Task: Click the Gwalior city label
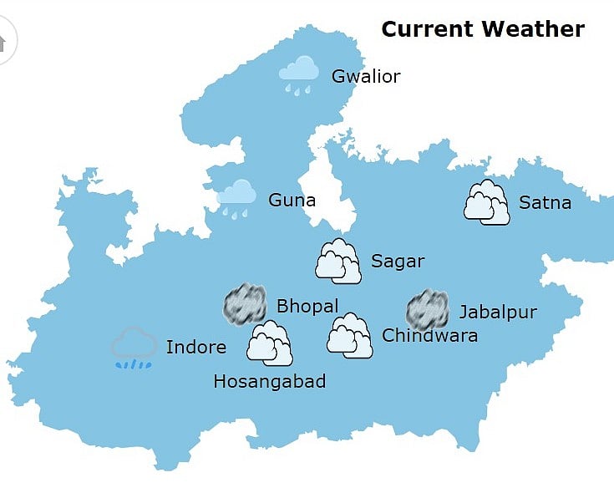pos(366,77)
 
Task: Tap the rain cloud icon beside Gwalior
pos(298,74)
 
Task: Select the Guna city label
pos(292,201)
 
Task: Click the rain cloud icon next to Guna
pos(236,198)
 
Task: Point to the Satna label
pos(545,202)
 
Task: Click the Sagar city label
pos(398,262)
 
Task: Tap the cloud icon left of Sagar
pos(337,261)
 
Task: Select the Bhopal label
pos(307,307)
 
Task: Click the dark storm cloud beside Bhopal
pos(245,304)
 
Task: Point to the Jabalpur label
pos(498,313)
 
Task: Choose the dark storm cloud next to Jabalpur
pos(427,310)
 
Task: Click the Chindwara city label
pos(429,336)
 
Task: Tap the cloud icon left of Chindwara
pos(349,335)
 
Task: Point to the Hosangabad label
pos(269,382)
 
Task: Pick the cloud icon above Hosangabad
pos(270,343)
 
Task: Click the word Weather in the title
pos(534,29)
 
